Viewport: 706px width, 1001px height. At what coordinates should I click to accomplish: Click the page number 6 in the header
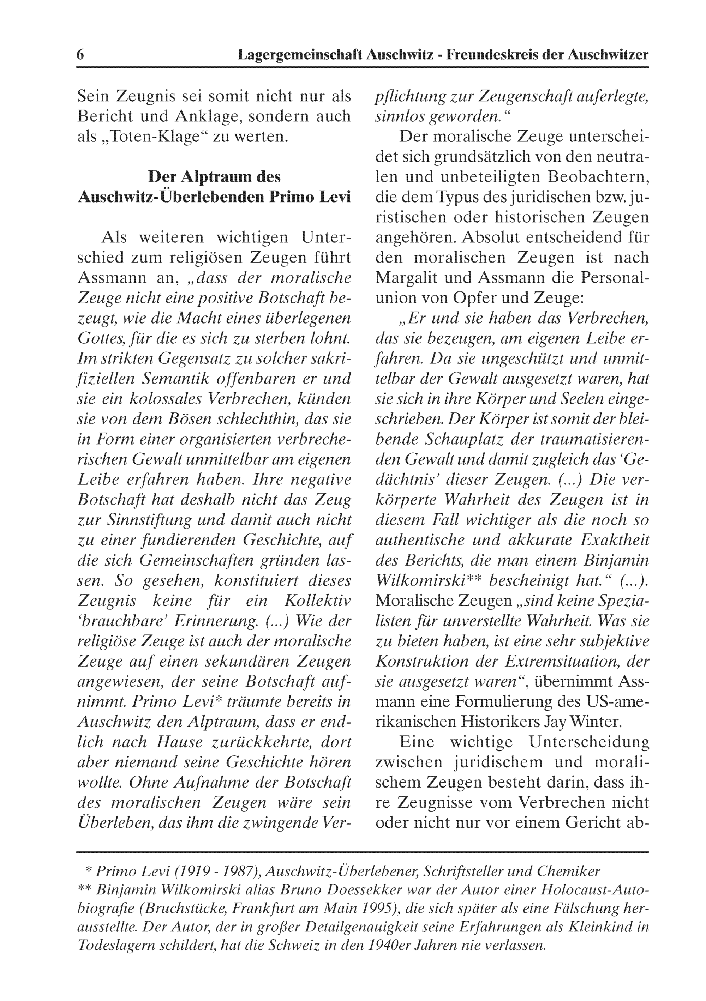[x=80, y=55]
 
